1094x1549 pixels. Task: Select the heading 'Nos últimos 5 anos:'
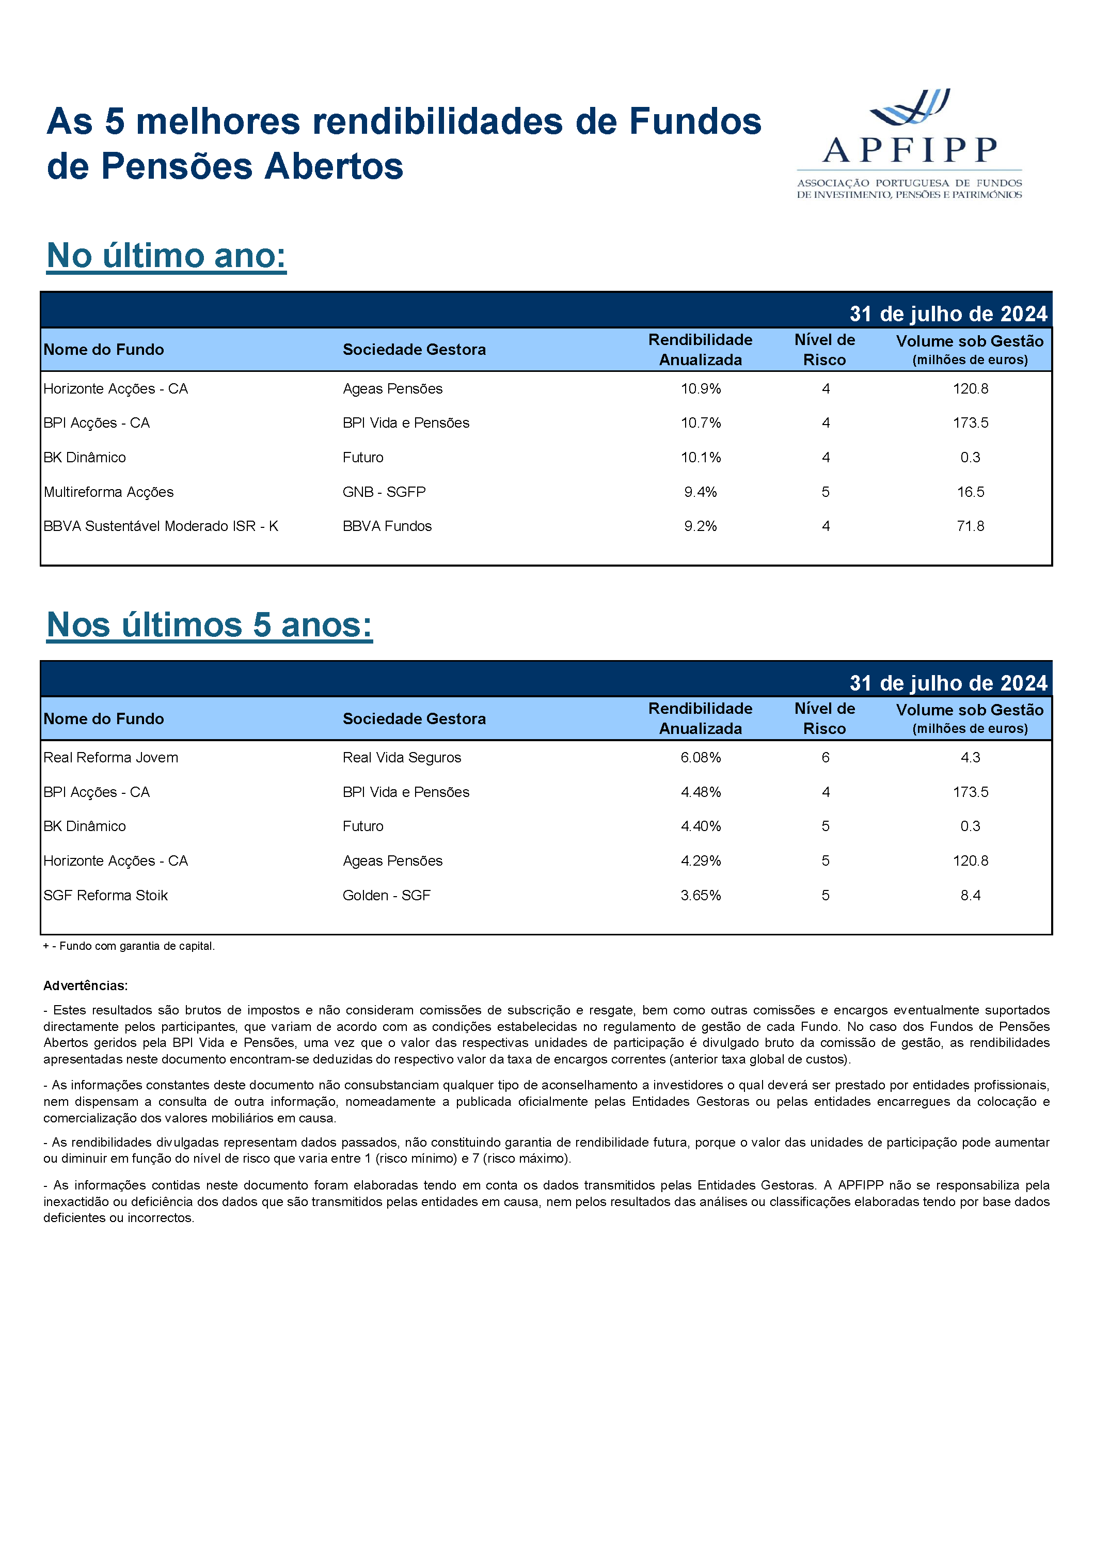[x=209, y=625]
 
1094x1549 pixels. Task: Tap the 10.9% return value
[x=700, y=388]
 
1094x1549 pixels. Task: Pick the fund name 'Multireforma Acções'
[x=108, y=492]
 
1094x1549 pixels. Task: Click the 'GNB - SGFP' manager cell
[x=384, y=492]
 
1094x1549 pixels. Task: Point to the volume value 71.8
[x=970, y=526]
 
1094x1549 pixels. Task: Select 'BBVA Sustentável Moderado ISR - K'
[x=161, y=526]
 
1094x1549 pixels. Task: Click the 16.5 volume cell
[x=970, y=492]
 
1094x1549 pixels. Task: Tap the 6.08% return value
[x=700, y=758]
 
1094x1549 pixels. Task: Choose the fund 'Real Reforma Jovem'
[x=110, y=758]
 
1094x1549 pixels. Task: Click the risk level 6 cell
[x=825, y=758]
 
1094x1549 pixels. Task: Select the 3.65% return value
[x=700, y=895]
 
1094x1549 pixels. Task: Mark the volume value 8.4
[x=970, y=895]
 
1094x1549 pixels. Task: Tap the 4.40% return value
[x=700, y=826]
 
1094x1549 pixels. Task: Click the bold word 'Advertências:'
[x=85, y=985]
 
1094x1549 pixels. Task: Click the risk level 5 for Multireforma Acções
[x=825, y=492]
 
